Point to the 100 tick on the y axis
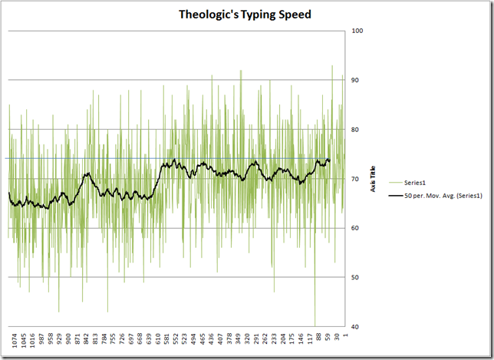(357, 31)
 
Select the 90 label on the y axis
(356, 80)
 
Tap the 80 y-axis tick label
(356, 130)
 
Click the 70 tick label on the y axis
(356, 179)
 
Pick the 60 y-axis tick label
(356, 228)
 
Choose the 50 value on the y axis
(356, 277)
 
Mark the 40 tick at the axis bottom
(356, 327)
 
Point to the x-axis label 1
(347, 335)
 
